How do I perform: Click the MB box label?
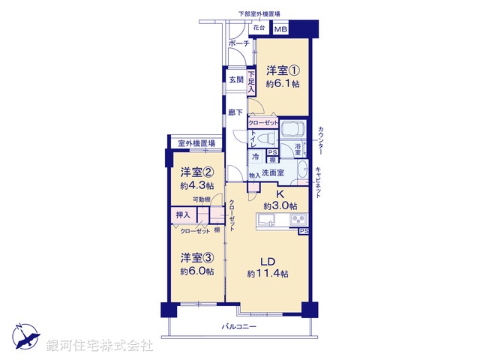(280, 29)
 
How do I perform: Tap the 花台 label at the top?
(259, 28)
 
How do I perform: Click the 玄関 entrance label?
(235, 79)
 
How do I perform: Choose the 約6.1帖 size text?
(283, 84)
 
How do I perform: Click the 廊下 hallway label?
(235, 112)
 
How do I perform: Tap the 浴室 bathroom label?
(297, 150)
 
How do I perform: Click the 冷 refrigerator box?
(255, 157)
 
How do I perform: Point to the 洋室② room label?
(196, 171)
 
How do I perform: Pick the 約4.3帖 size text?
(196, 184)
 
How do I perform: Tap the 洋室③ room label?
(196, 258)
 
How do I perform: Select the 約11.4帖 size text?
(268, 274)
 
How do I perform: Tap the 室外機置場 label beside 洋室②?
(196, 143)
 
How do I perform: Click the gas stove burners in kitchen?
(296, 220)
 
